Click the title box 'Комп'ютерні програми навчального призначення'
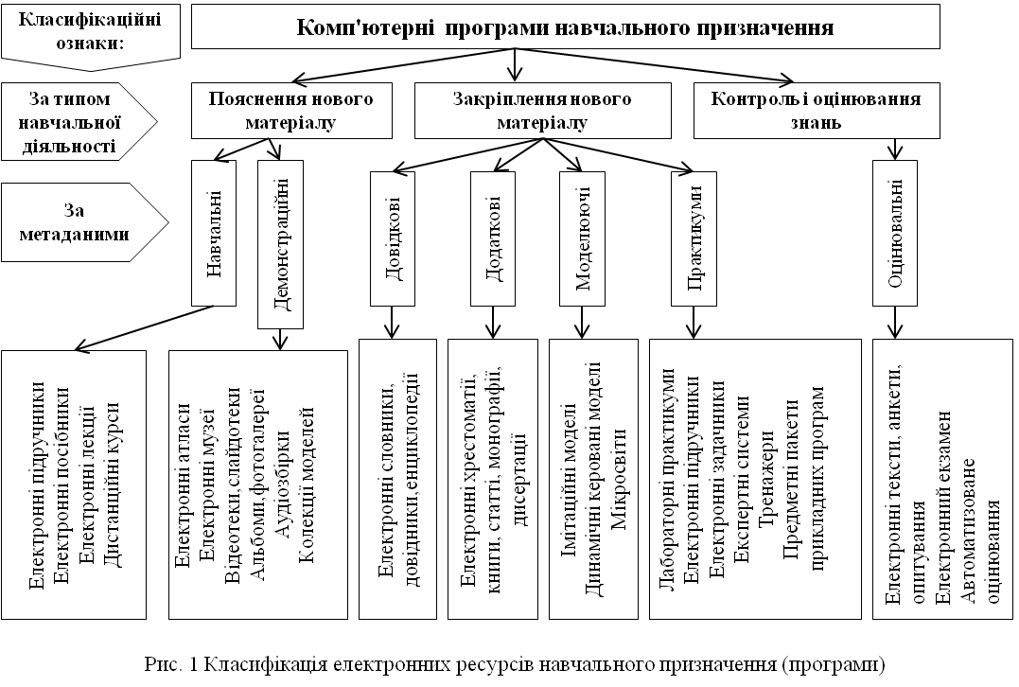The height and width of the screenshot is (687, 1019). pos(566,26)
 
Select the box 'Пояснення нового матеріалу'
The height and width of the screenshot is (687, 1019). pos(291,111)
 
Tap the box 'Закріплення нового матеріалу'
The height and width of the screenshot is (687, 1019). pos(543,111)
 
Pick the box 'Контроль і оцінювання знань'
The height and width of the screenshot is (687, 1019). pos(817,111)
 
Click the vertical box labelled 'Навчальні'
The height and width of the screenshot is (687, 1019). pos(214,234)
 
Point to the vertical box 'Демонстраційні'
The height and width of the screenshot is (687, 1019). pos(281,244)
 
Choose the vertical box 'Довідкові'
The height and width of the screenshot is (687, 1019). pos(393,238)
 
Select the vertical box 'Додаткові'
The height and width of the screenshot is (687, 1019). pos(493,238)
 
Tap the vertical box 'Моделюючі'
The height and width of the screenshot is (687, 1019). pos(582,238)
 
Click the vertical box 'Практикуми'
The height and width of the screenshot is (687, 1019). pos(694,238)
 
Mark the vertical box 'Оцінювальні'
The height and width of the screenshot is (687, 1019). pos(895,234)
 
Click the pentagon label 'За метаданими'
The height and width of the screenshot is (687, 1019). pos(84,222)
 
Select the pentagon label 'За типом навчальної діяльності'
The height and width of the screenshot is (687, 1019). pos(79,121)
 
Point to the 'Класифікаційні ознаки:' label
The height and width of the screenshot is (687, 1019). pos(90,36)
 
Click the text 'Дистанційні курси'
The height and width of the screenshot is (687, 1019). pos(113,484)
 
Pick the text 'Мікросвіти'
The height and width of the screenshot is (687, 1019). pos(620,479)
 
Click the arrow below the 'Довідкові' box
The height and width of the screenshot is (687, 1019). pos(392,323)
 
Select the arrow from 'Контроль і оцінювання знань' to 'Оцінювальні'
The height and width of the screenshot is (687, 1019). pos(895,150)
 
